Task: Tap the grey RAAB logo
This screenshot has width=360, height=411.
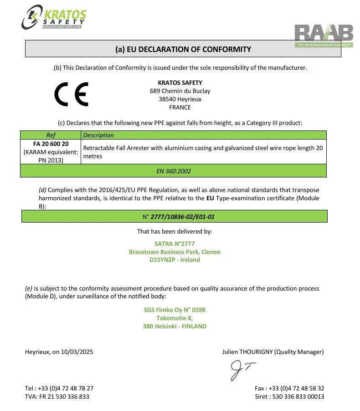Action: point(324,34)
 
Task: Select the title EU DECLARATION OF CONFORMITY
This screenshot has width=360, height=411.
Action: point(183,49)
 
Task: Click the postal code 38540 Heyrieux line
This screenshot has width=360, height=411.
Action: point(180,99)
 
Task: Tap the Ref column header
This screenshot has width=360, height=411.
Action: point(51,135)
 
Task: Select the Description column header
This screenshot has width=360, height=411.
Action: point(98,135)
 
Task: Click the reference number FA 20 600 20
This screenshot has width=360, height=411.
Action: point(51,144)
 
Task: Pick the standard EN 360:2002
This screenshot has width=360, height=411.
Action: point(174,171)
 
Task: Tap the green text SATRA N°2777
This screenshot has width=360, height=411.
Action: point(174,244)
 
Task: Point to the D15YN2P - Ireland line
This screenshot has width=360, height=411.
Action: point(175,260)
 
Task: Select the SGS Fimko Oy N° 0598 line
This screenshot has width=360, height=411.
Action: point(175,310)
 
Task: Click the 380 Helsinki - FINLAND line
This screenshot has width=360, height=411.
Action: point(175,326)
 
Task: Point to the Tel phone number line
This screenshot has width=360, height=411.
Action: point(59,388)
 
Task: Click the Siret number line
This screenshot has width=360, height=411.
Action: point(289,396)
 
